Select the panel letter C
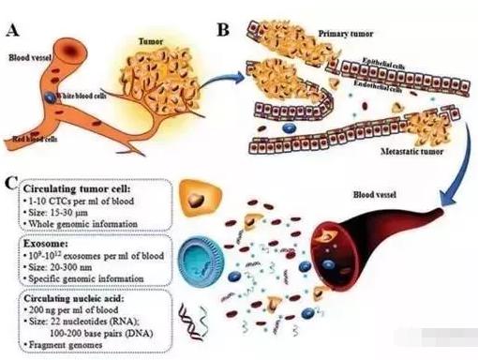pyautogui.click(x=9, y=181)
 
